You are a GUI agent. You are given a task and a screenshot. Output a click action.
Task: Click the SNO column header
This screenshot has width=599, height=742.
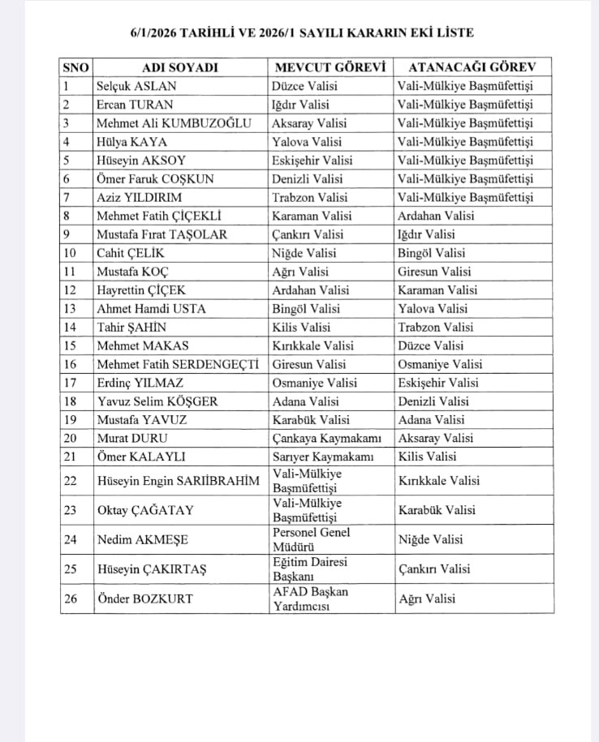point(75,67)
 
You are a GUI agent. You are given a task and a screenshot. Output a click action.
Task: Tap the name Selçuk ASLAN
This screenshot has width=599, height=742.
point(136,86)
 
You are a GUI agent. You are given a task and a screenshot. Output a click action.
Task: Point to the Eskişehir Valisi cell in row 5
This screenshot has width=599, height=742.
point(312,161)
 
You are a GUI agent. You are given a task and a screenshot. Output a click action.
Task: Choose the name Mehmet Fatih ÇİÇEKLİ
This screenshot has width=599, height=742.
point(159,216)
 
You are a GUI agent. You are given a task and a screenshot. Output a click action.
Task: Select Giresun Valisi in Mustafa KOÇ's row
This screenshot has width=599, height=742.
point(434,272)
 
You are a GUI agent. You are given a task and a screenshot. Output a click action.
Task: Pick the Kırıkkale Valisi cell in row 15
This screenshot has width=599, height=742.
point(312,346)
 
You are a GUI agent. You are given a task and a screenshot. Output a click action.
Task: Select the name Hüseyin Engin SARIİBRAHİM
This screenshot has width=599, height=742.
point(179,481)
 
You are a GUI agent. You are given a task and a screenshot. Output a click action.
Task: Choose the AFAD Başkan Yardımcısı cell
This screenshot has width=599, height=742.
point(310,598)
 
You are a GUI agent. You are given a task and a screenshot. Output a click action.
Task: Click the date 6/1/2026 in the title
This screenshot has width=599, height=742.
point(154,33)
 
